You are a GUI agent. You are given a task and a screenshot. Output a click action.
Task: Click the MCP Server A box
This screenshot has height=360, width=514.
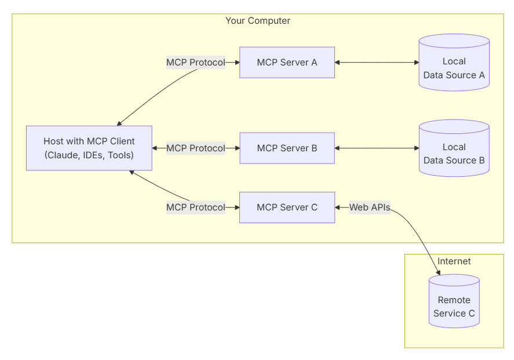tap(287, 62)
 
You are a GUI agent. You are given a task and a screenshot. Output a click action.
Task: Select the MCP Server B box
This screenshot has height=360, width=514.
tap(287, 148)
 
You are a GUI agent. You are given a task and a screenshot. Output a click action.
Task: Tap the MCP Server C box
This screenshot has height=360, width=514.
tap(287, 207)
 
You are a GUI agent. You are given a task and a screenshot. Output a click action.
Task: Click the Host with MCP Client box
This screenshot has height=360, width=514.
tap(89, 148)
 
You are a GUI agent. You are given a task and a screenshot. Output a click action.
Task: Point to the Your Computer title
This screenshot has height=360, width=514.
tap(257, 21)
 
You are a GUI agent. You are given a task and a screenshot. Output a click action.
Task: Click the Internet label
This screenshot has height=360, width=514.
tap(454, 261)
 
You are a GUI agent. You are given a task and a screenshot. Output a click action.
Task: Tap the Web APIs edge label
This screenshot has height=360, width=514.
tap(369, 207)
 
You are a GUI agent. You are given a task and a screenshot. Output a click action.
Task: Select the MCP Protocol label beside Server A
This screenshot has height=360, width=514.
tap(195, 62)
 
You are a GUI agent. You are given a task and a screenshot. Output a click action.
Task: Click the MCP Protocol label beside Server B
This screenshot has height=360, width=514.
tap(195, 148)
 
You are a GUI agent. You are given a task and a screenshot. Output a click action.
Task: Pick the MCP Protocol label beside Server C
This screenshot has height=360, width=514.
tap(195, 207)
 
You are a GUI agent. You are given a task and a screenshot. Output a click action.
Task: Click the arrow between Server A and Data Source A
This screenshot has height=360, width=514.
tap(377, 62)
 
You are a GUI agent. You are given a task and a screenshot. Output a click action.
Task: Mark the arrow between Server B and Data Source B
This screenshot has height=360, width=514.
tap(377, 148)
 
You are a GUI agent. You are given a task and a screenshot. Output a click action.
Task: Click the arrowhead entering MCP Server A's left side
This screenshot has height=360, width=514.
tap(236, 62)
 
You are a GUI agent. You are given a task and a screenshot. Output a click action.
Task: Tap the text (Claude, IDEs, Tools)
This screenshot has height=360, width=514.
tap(89, 155)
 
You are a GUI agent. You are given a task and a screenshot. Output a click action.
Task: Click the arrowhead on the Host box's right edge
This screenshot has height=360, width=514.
tap(155, 148)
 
